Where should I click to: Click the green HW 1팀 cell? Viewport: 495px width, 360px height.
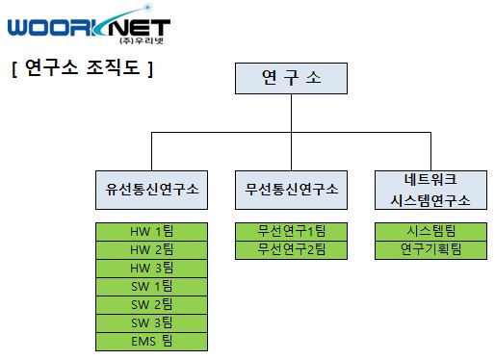[x=152, y=231]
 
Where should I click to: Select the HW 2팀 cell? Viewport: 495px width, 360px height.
[x=152, y=249]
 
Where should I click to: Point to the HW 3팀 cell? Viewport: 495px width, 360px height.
[x=152, y=268]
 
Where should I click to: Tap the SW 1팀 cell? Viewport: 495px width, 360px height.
[x=152, y=286]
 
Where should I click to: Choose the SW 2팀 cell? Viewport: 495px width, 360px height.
[x=152, y=304]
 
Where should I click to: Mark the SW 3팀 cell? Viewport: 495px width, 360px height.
[x=152, y=322]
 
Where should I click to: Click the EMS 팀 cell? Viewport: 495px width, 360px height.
[x=152, y=341]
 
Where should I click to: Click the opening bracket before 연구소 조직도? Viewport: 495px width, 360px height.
[x=14, y=68]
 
